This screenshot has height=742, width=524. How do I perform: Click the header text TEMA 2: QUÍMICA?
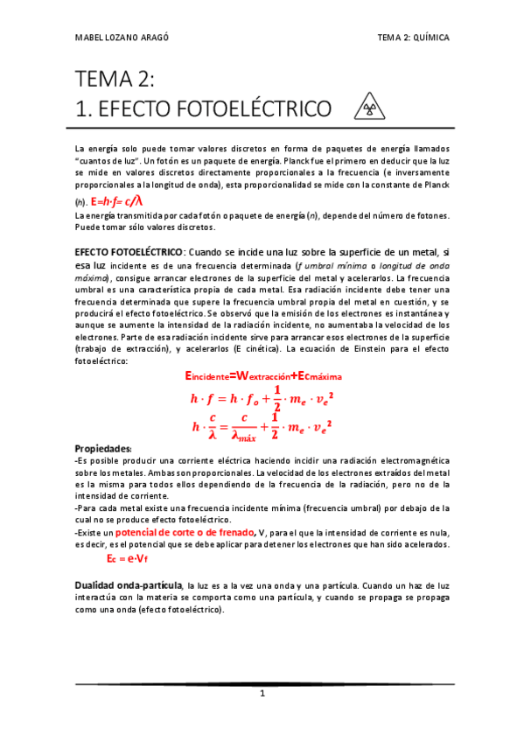(413, 38)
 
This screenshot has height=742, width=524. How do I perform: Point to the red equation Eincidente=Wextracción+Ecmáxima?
(263, 375)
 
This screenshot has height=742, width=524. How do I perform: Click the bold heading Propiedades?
(102, 447)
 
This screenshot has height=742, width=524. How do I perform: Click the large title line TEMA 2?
(115, 80)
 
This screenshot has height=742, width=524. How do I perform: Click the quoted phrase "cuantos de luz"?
(105, 163)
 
